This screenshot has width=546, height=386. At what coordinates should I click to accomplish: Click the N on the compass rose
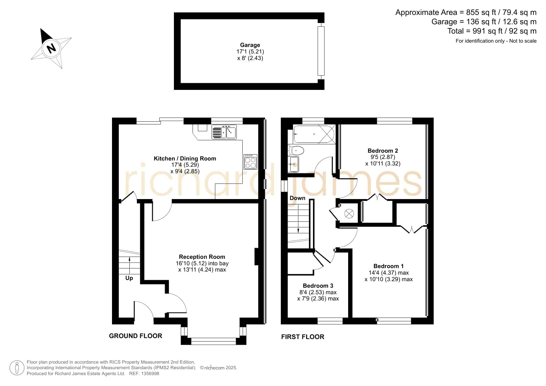[x=51, y=49]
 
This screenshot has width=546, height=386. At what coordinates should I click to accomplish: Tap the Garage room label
[x=250, y=45]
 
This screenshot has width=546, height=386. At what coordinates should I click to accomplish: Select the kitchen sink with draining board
[x=224, y=132]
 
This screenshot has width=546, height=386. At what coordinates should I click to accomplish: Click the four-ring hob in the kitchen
[x=250, y=161]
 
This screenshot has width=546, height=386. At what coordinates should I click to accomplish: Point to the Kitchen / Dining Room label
[x=185, y=158]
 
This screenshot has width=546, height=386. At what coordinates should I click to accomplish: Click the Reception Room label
[x=202, y=257]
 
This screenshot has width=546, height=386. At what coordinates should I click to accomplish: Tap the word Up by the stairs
[x=129, y=278]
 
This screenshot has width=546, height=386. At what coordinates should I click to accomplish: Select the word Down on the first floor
[x=297, y=198]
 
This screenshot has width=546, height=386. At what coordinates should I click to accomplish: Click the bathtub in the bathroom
[x=314, y=134]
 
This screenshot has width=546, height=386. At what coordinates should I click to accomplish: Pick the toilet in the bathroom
[x=296, y=151]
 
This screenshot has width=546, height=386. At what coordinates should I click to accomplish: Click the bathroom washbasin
[x=294, y=164]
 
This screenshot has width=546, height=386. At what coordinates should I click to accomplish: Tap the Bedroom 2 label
[x=383, y=151]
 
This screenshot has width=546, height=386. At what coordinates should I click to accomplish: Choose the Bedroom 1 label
[x=389, y=266]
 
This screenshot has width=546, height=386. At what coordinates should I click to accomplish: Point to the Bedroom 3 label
[x=318, y=286]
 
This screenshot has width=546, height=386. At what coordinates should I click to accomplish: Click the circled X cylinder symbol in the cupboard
[x=349, y=214]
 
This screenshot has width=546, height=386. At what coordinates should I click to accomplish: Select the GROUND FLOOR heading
[x=136, y=336]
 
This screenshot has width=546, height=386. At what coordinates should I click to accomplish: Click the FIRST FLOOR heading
[x=303, y=337]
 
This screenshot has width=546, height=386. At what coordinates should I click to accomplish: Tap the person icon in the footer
[x=17, y=368]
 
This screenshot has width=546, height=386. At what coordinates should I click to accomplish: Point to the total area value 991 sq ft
[x=486, y=31]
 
